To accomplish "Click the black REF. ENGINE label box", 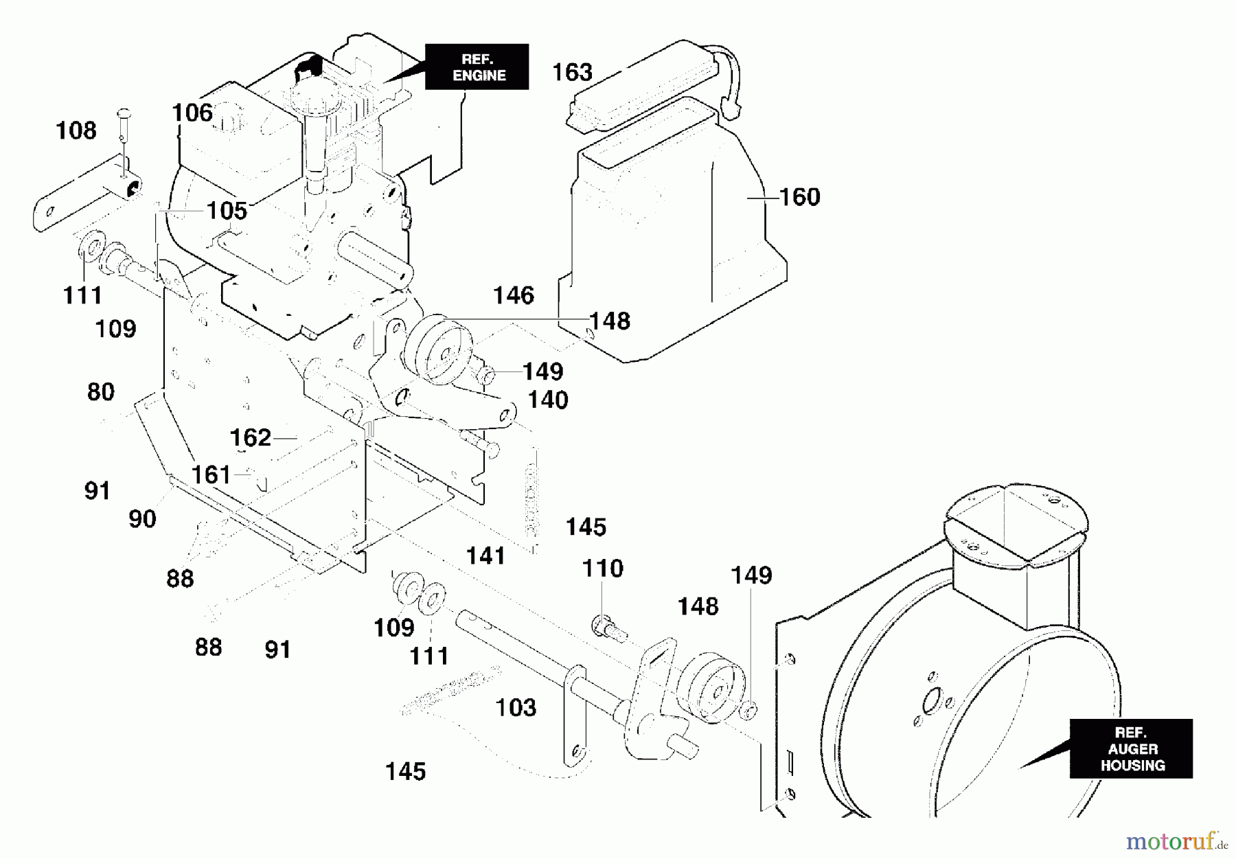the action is click(477, 67).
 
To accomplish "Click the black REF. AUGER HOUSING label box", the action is click(1131, 748).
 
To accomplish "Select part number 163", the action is click(572, 72).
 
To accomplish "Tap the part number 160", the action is click(800, 197).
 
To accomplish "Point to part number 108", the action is click(76, 130).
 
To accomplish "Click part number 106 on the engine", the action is click(192, 113).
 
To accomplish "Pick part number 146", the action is click(514, 295).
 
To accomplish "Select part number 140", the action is click(548, 400).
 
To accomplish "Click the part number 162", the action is click(250, 437).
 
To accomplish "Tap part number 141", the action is click(485, 556).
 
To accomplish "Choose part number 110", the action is click(602, 569).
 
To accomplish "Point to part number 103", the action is click(516, 707).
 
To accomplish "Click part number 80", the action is click(101, 392).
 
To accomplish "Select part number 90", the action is click(142, 519).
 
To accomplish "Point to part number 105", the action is click(227, 211).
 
